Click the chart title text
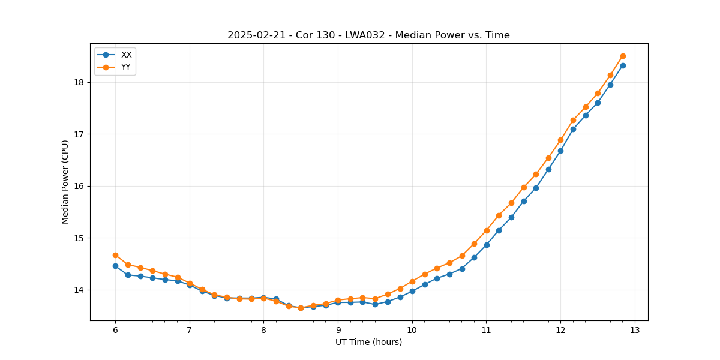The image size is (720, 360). pyautogui.click(x=368, y=35)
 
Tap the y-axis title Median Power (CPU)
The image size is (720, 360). pyautogui.click(x=65, y=182)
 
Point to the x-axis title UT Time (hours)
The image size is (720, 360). pyautogui.click(x=368, y=342)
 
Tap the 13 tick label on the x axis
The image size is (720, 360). pyautogui.click(x=635, y=331)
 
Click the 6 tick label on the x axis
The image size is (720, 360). pyautogui.click(x=115, y=331)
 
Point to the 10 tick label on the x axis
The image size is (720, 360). pyautogui.click(x=412, y=331)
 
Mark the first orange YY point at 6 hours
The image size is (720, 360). pyautogui.click(x=115, y=255)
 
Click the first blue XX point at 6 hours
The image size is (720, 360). pyautogui.click(x=115, y=266)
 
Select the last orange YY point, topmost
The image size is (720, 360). pyautogui.click(x=623, y=56)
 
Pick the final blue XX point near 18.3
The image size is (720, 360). pyautogui.click(x=623, y=65)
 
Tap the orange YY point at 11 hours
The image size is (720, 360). pyautogui.click(x=487, y=230)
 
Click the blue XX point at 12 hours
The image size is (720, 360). pyautogui.click(x=560, y=151)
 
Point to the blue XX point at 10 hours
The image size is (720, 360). pyautogui.click(x=412, y=291)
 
